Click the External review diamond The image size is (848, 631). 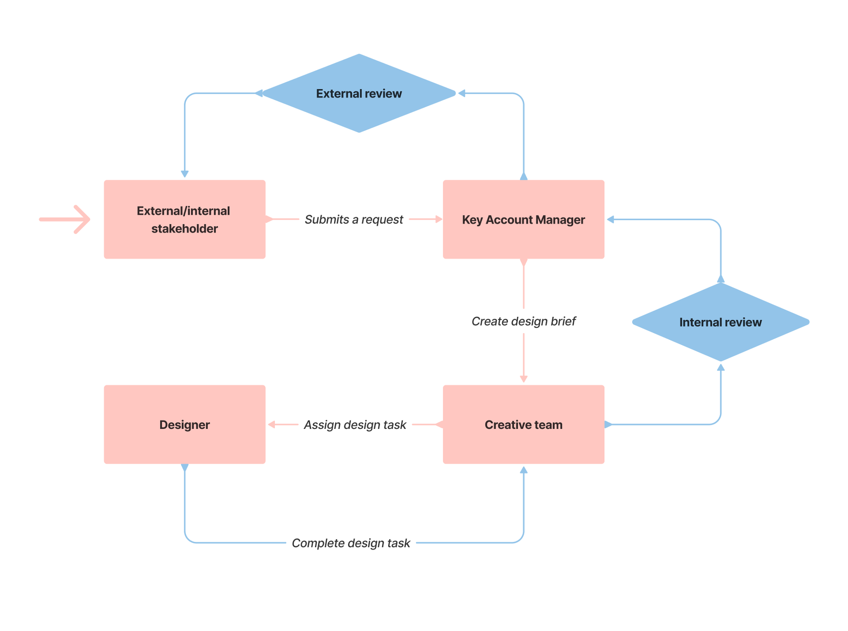tap(359, 93)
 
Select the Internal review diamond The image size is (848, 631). tap(720, 322)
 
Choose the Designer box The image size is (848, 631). tap(184, 424)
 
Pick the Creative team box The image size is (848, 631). tap(523, 424)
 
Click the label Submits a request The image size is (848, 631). tap(353, 219)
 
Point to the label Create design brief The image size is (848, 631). tap(523, 321)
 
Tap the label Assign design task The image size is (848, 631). tap(354, 425)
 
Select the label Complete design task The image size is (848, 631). tap(351, 543)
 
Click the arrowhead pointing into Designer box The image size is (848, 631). tap(272, 424)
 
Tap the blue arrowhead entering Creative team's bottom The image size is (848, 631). tap(523, 470)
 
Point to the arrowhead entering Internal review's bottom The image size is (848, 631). tap(720, 367)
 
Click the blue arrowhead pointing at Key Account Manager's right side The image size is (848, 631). tap(610, 219)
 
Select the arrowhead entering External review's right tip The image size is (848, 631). tap(461, 93)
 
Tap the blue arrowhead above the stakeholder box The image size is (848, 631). tap(184, 174)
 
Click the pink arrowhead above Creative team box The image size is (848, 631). tap(523, 379)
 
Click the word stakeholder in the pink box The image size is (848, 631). tap(184, 229)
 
